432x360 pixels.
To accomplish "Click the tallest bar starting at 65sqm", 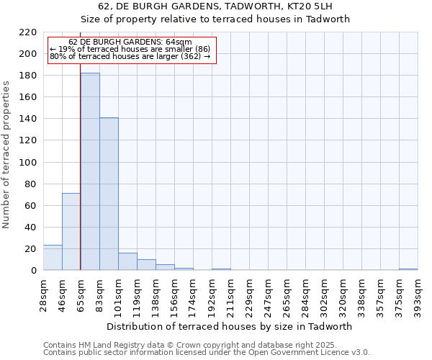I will (x=90, y=171).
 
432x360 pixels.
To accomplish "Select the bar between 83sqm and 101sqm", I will (x=109, y=194).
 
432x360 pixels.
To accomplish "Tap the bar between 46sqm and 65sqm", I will (x=71, y=232).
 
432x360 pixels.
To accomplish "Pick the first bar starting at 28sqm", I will (x=53, y=258).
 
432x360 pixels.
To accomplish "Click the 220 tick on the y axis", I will (x=28, y=32).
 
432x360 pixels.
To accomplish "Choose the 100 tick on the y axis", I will (x=28, y=163).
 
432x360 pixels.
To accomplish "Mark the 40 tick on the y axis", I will (x=31, y=228).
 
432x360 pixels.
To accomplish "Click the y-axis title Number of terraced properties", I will (x=7, y=155).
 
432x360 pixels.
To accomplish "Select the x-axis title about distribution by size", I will (x=234, y=326).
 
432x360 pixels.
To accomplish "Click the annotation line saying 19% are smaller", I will (x=130, y=49).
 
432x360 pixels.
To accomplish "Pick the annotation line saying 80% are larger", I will (x=130, y=56).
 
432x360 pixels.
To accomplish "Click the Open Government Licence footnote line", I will (x=207, y=352).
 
